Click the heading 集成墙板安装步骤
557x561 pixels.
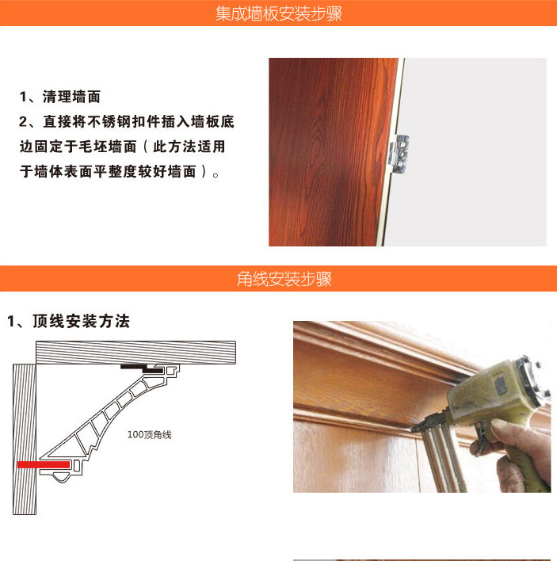pos(279,13)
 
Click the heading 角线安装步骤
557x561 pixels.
pos(284,279)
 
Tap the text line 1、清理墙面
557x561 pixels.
pos(60,97)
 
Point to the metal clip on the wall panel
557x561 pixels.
pos(400,154)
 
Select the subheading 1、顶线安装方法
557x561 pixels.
pos(68,321)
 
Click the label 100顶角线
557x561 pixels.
pos(150,435)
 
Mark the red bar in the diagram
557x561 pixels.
pos(44,464)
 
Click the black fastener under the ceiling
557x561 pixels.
pos(141,368)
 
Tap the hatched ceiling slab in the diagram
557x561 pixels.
pos(135,353)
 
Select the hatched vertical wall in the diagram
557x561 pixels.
pos(25,439)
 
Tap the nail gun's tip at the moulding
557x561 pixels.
pos(413,428)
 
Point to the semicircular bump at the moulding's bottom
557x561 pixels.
pos(61,477)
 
